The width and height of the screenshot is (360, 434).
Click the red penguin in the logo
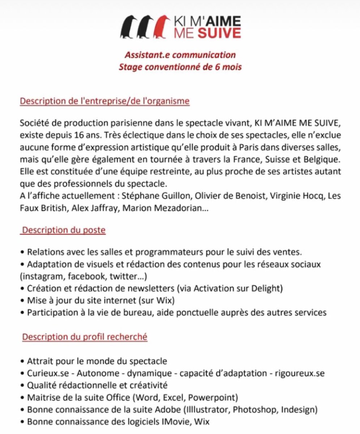point(162,27)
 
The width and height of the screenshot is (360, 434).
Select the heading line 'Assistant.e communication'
point(180,55)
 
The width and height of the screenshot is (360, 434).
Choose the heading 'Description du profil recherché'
point(85,337)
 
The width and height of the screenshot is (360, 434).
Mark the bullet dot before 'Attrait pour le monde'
point(23,361)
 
